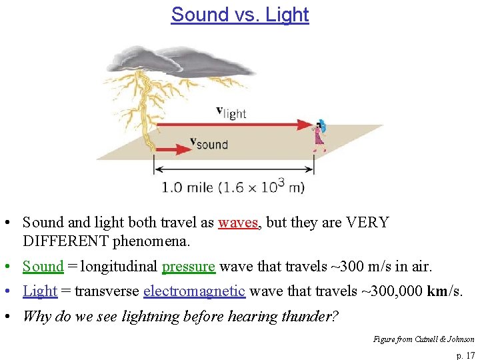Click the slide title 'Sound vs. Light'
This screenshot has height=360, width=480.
point(240,15)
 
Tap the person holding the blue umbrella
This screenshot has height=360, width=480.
point(320,136)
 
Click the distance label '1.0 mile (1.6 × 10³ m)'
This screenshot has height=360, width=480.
point(233,186)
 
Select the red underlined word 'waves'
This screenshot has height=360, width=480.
point(237,223)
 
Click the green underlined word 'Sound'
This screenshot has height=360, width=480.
point(43,267)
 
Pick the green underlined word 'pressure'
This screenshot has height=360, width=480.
point(189,267)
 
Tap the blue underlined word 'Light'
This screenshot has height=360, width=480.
point(40,291)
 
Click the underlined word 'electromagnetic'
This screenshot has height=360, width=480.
point(195,291)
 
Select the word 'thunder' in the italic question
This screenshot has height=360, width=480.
point(309,316)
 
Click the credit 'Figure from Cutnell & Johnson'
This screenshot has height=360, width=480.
point(424,339)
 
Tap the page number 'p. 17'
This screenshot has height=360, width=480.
point(465,355)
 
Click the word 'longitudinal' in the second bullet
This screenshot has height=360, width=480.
point(118,267)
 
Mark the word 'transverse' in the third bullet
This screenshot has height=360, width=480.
point(106,291)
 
